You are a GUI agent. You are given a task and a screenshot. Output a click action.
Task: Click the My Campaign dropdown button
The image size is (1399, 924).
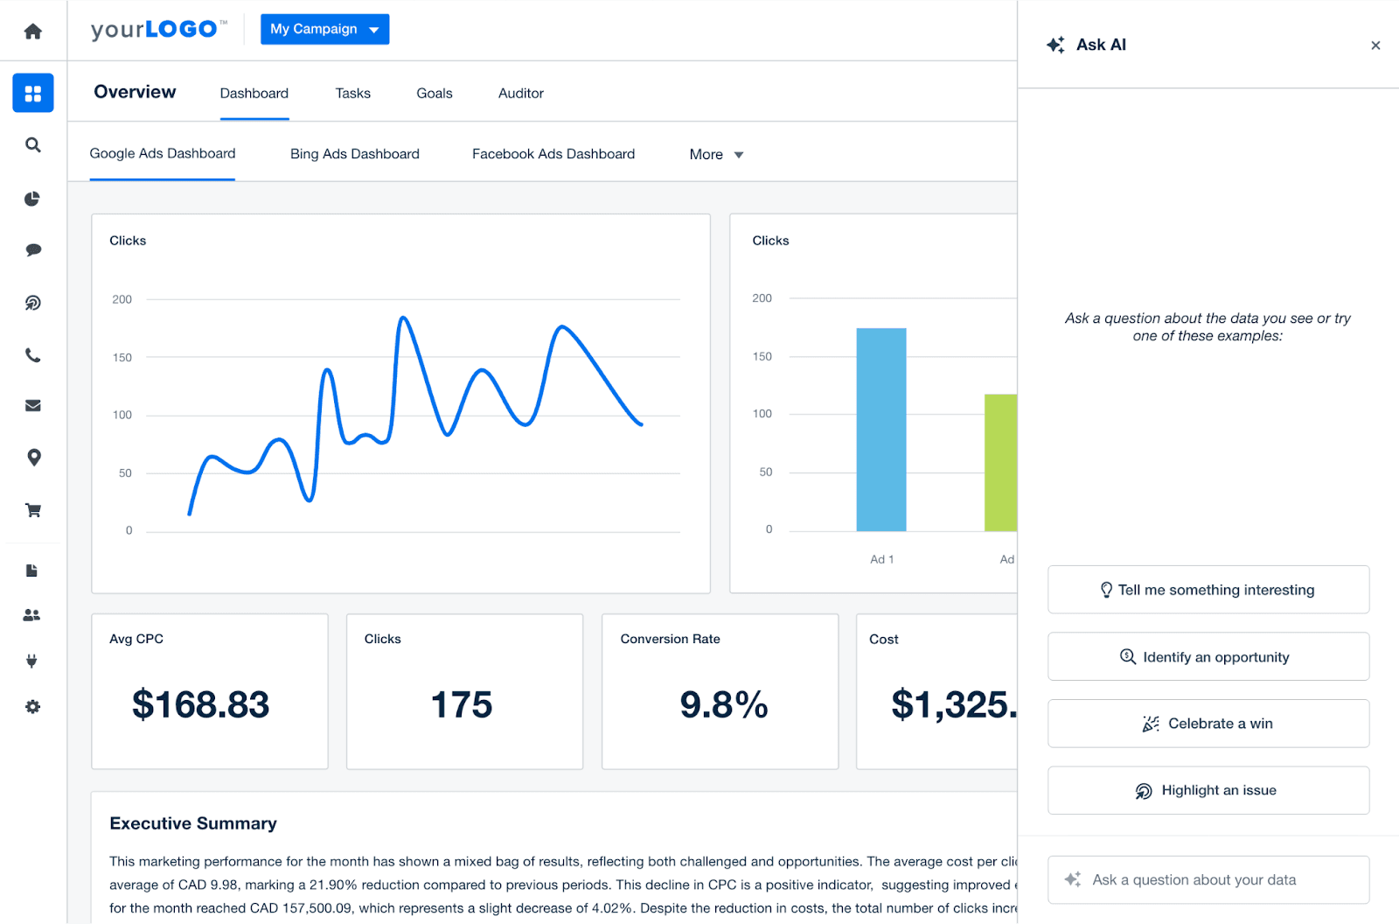[324, 29]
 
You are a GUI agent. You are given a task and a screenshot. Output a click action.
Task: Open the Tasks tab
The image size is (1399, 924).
[352, 94]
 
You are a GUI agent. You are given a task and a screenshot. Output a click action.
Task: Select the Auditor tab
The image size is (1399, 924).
[520, 94]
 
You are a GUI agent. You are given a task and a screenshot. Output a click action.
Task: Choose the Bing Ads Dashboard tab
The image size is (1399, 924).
[354, 154]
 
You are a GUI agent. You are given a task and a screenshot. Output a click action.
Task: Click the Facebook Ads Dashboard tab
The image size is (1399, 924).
[553, 154]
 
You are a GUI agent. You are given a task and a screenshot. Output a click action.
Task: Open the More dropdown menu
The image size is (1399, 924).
[715, 155]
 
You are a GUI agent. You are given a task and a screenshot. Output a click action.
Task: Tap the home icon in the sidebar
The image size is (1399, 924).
[33, 31]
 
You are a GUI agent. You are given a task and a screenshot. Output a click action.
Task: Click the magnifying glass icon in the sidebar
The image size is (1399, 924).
[33, 145]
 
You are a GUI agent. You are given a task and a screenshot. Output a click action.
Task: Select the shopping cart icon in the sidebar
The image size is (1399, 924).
[33, 510]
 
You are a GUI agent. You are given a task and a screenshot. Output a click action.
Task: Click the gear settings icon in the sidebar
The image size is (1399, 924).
[33, 707]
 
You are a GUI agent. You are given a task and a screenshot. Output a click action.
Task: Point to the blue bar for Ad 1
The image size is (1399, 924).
[880, 429]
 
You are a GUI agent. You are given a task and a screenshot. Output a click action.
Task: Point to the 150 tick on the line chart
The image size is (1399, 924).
[122, 358]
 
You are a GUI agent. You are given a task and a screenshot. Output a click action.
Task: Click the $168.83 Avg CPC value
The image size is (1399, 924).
[200, 705]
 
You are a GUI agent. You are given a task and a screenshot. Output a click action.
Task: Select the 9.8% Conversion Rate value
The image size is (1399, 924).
[723, 705]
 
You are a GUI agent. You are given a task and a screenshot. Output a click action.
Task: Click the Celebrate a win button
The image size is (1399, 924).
[1208, 724]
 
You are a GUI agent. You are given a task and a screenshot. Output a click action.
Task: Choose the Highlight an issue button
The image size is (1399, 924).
[1208, 790]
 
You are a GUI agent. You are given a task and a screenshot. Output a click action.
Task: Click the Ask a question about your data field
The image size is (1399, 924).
[1208, 879]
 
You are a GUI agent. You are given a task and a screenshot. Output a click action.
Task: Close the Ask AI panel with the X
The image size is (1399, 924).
[1375, 45]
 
